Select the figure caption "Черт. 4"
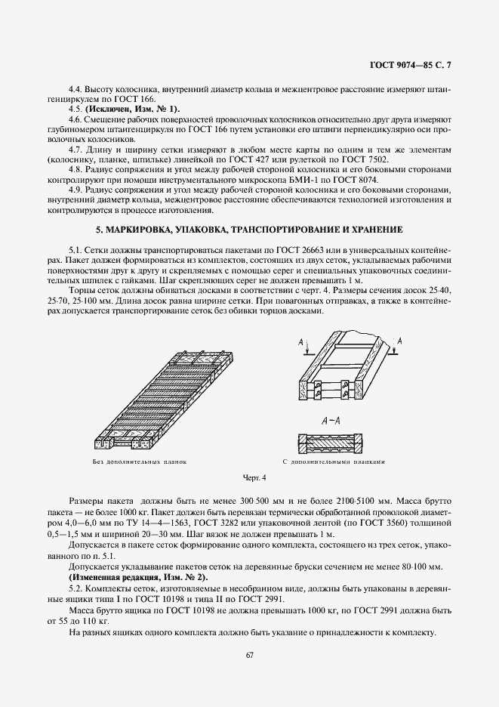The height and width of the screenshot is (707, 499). tap(255, 477)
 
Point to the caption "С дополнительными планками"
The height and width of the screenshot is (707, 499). tap(340, 461)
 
